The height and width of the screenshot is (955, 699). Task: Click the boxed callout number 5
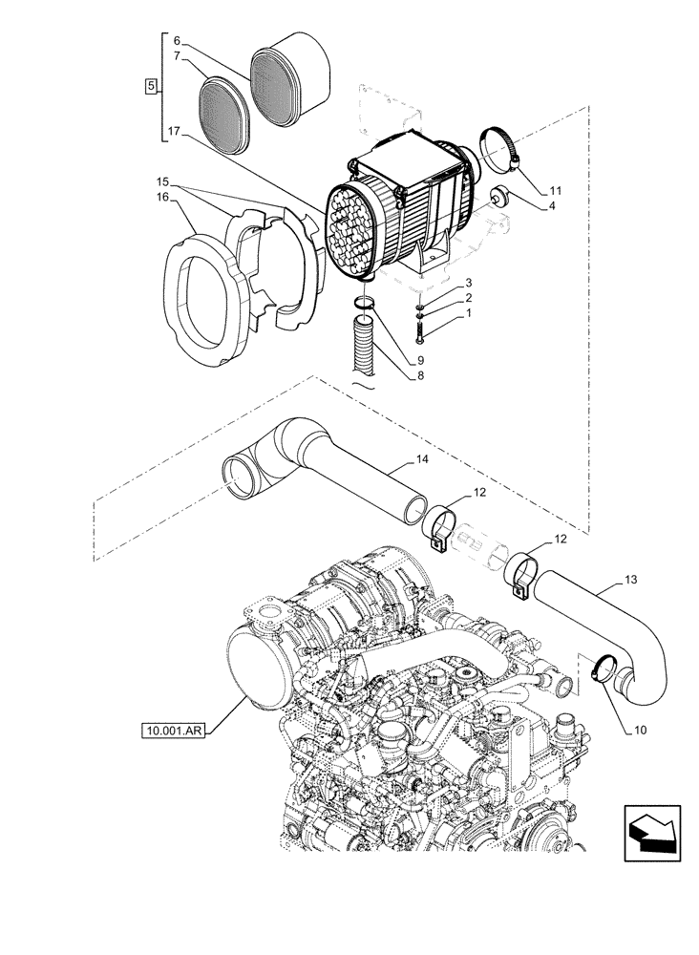pyautogui.click(x=151, y=86)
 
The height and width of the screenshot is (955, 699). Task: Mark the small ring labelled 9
pyautogui.click(x=364, y=306)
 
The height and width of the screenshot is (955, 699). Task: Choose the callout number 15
pyautogui.click(x=163, y=181)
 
